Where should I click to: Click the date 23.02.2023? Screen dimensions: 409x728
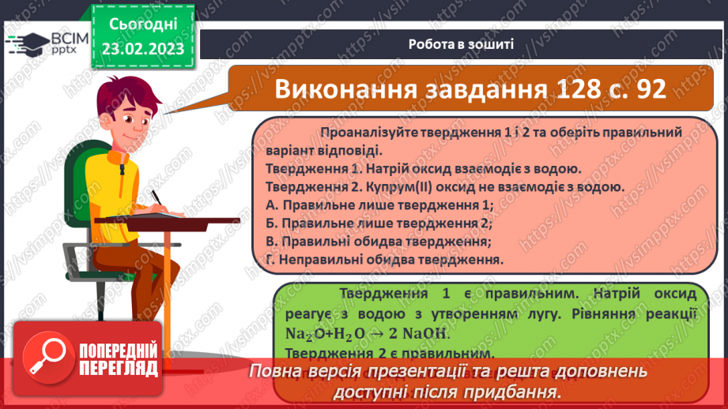(142, 48)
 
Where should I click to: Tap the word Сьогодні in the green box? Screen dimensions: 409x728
(142, 24)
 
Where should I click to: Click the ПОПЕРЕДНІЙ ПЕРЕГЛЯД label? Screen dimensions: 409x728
(119, 359)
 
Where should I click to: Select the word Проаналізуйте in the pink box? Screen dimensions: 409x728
(364, 133)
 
